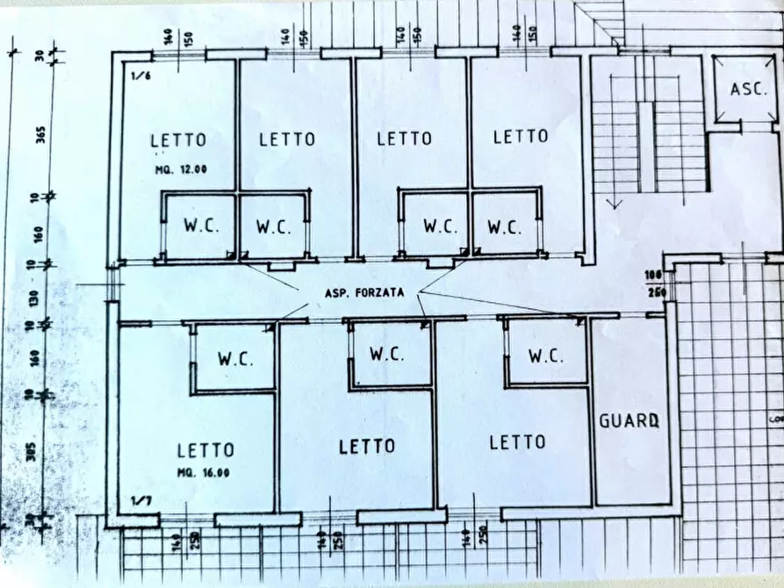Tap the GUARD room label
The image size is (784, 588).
[x=629, y=420]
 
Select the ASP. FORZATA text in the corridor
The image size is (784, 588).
[x=364, y=294]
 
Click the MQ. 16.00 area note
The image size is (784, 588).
[x=204, y=472]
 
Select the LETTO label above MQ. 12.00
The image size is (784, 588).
[x=178, y=140]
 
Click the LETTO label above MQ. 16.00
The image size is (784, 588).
[x=205, y=450]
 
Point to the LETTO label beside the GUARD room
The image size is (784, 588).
[x=517, y=442]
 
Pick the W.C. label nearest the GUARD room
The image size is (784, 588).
[x=546, y=356]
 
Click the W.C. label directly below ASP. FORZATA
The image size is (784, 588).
[x=386, y=355]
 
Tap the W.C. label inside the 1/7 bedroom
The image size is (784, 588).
[x=235, y=359]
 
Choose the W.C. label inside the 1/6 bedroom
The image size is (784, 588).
[x=200, y=226]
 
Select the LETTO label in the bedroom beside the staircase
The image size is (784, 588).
[x=520, y=136]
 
